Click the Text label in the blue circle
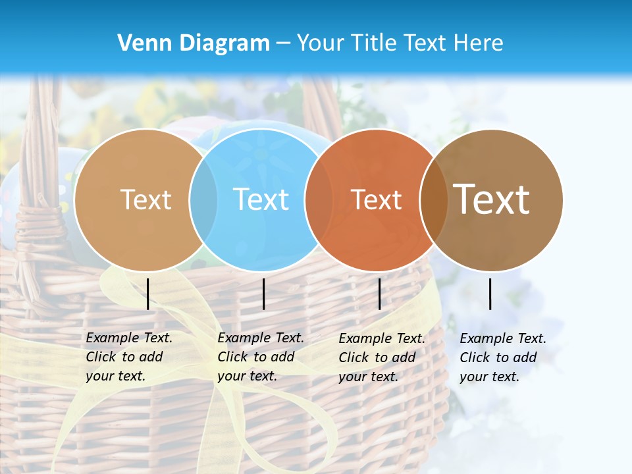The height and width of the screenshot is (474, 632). coord(261,199)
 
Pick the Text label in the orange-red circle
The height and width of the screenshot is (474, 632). coord(377,199)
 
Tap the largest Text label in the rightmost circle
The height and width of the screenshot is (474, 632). coord(492,199)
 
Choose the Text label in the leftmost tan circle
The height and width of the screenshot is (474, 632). coord(146,199)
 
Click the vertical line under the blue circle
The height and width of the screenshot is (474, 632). coord(263,294)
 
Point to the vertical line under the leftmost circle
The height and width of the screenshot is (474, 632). coord(148,294)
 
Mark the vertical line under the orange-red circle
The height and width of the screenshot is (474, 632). coord(379,294)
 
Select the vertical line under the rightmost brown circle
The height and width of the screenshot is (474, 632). coord(490,294)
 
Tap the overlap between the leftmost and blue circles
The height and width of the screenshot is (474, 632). coord(203,199)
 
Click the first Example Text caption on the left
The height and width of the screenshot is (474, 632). coord(128,357)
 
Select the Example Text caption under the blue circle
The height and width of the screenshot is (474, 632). coord(260,357)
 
